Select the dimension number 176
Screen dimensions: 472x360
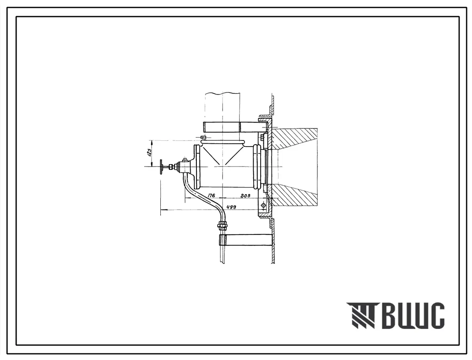[x=212, y=196]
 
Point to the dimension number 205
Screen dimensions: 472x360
[x=245, y=196]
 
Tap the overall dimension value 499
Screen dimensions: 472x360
[x=231, y=207]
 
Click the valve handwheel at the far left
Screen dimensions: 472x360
[x=162, y=167]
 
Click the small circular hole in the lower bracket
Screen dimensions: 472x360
[x=264, y=205]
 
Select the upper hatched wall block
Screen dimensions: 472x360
[x=293, y=139]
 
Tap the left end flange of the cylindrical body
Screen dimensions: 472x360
[x=197, y=167]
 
